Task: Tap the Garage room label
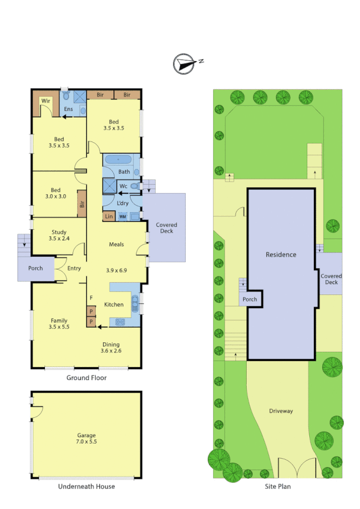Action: pyautogui.click(x=87, y=435)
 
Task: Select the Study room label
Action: pyautogui.click(x=59, y=232)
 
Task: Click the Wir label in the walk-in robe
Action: pyautogui.click(x=45, y=101)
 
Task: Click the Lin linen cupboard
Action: pyautogui.click(x=108, y=216)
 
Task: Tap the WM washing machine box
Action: pyautogui.click(x=122, y=216)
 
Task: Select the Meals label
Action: pyautogui.click(x=116, y=245)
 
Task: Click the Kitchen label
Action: pyautogui.click(x=114, y=305)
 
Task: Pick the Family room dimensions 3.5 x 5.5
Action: pyautogui.click(x=59, y=327)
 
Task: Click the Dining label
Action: pyautogui.click(x=111, y=344)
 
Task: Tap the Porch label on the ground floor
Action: pyautogui.click(x=36, y=267)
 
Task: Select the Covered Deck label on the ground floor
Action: pyautogui.click(x=167, y=228)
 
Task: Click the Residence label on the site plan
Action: pyautogui.click(x=281, y=255)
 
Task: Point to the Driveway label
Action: pyautogui.click(x=281, y=411)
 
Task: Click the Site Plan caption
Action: pyautogui.click(x=279, y=487)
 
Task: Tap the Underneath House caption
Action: pyautogui.click(x=86, y=486)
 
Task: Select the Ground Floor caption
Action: pyautogui.click(x=87, y=379)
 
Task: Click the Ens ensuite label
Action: pyautogui.click(x=68, y=110)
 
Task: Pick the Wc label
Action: pyautogui.click(x=123, y=186)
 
